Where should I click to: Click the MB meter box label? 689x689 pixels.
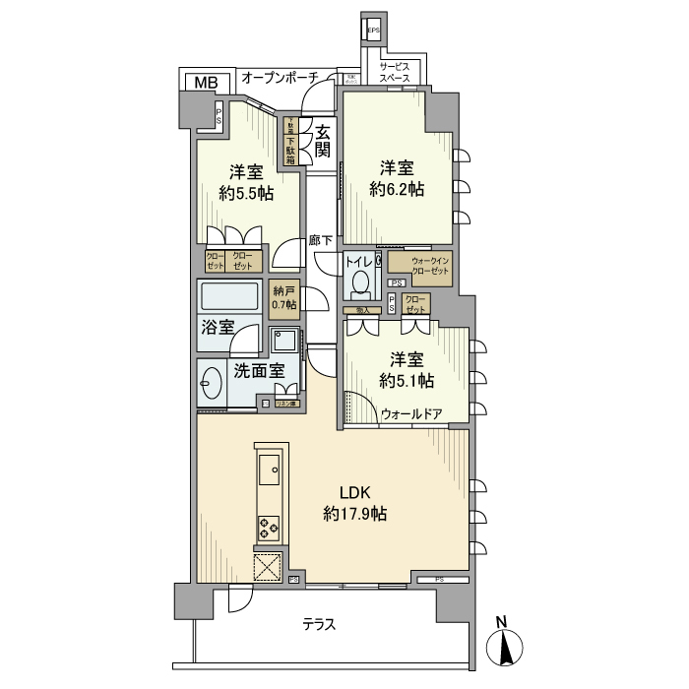coord(206,82)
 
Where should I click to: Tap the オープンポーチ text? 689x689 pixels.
coord(279,77)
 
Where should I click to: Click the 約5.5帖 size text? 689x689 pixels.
coord(245,193)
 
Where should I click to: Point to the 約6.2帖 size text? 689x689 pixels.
coord(397,189)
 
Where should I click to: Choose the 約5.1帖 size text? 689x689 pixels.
coord(406,381)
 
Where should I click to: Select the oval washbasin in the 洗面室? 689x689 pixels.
coord(212,383)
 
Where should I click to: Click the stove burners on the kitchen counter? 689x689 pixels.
coord(269,528)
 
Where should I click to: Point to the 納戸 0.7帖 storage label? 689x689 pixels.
coord(284,297)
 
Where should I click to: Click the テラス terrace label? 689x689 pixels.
coord(319,624)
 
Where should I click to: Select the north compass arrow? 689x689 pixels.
coord(503,648)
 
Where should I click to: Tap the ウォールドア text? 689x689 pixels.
coord(411,414)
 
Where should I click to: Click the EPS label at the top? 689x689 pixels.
coord(373,31)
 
